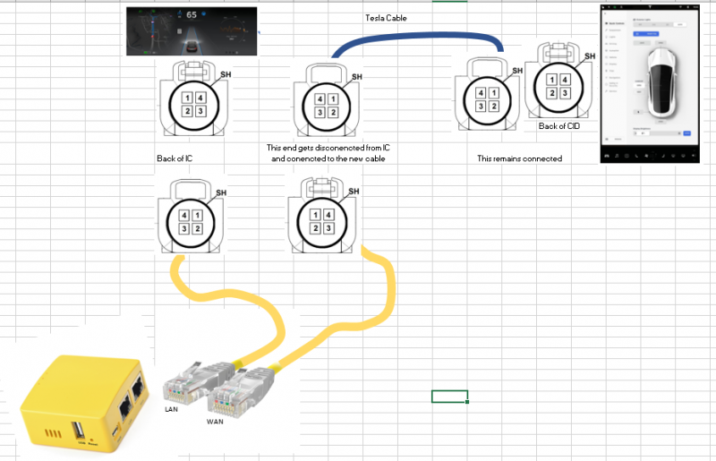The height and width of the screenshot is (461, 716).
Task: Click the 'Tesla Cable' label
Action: click(386, 18)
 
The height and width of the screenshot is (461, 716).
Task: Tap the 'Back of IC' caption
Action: click(175, 158)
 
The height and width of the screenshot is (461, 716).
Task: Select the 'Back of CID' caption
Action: click(559, 126)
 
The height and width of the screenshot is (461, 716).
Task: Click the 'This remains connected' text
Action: click(519, 158)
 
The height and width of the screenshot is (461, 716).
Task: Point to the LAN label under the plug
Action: click(172, 408)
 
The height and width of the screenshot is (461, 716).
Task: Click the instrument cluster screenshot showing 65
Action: click(191, 32)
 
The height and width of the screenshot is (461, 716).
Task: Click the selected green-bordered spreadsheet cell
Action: click(449, 396)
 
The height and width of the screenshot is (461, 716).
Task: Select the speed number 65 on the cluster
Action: click(192, 15)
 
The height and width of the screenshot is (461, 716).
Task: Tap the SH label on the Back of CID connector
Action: click(590, 55)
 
